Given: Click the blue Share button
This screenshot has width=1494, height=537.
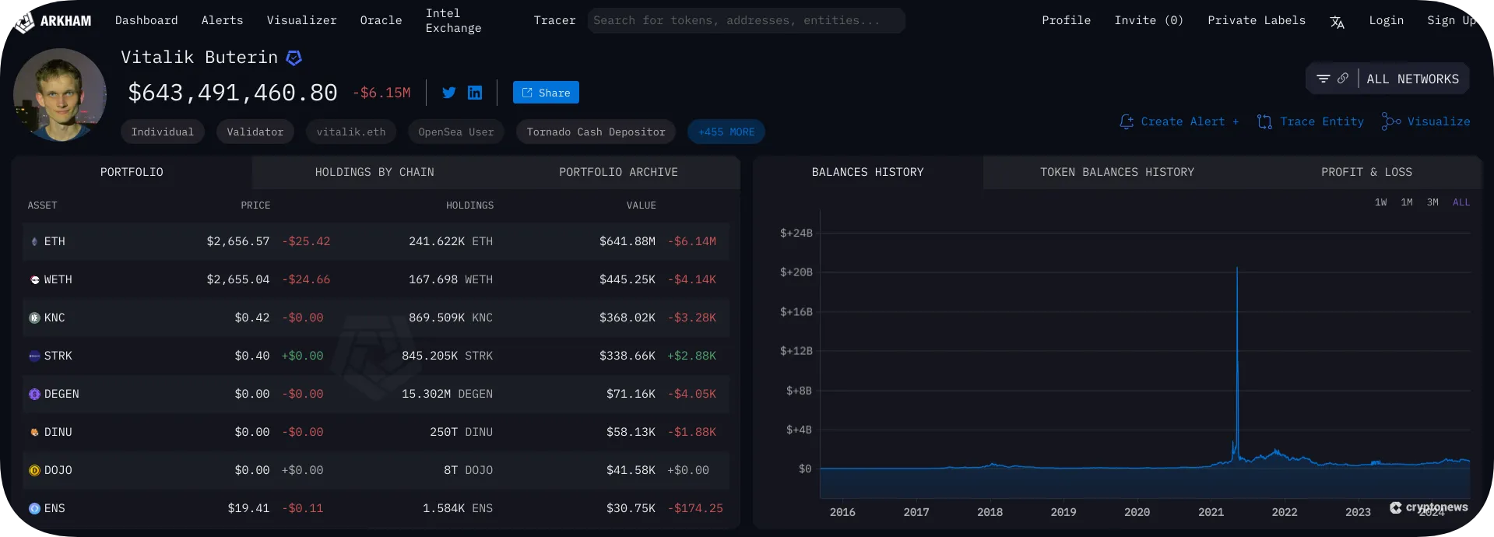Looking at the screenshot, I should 546,93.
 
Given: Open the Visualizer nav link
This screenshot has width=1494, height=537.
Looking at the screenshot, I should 301,20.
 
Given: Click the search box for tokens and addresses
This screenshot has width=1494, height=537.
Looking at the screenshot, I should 746,20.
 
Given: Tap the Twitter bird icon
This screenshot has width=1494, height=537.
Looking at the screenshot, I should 449,93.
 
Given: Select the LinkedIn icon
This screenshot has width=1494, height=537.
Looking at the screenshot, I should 475,93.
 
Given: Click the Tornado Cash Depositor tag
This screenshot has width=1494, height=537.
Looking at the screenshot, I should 596,132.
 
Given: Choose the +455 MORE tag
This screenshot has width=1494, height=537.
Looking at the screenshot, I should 726,132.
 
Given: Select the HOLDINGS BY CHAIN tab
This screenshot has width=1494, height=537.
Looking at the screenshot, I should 374,172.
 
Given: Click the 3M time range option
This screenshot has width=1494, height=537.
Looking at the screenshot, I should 1432,202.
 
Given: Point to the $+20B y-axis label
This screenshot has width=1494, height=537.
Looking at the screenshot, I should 796,272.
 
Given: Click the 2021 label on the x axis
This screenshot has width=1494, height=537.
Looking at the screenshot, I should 1211,512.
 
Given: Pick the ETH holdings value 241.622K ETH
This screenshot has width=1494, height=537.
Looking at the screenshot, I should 450,241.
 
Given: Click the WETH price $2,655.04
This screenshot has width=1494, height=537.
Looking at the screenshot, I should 237,279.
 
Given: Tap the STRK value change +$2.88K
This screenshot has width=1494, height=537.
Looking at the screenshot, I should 691,356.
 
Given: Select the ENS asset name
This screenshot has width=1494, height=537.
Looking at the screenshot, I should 54,508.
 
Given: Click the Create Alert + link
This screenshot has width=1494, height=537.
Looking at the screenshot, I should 1179,121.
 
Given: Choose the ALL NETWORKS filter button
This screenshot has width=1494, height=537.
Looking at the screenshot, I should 1411,79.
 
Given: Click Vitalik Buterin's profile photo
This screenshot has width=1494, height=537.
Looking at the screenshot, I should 60,94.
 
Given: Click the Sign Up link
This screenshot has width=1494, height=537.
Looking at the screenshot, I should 1451,20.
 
